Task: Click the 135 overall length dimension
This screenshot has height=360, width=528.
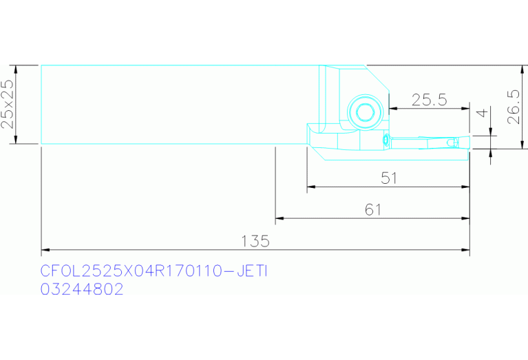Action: (x=255, y=241)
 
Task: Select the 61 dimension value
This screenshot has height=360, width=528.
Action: (x=373, y=210)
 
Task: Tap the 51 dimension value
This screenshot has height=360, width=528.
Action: (x=389, y=178)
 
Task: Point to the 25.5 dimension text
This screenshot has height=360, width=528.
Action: (x=430, y=100)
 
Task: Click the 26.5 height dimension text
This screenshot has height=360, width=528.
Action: (x=514, y=107)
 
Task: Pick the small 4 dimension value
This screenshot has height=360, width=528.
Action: (x=483, y=113)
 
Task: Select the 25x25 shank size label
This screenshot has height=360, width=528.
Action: (x=8, y=104)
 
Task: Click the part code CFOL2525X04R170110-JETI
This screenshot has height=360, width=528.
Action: (x=154, y=271)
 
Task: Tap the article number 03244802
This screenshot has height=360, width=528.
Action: (x=82, y=289)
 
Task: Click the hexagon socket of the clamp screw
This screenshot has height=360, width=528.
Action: (x=365, y=112)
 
